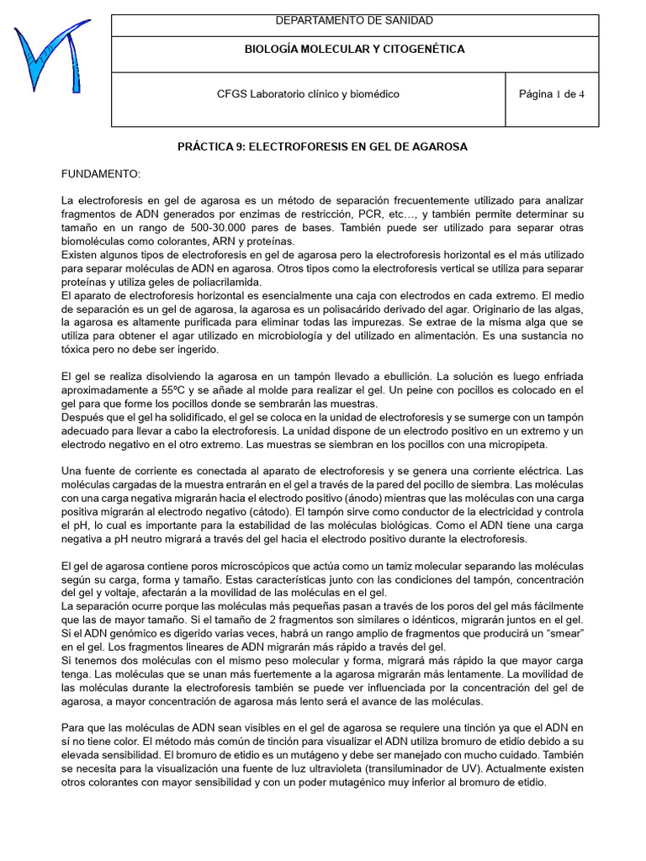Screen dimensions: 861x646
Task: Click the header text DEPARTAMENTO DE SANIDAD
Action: (354, 21)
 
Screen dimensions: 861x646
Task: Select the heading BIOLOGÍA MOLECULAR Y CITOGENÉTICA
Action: (354, 50)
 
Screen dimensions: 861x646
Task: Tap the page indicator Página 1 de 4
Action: (552, 94)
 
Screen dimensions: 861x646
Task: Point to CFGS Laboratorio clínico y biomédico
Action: (308, 94)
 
